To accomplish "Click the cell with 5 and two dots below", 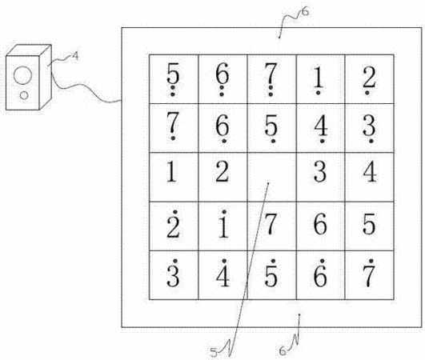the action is point(174,79).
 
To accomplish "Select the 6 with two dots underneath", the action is point(223,79).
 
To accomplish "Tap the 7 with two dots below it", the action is point(271,79).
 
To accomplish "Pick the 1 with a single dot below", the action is point(319,78).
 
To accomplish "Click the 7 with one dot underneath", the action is point(173,126).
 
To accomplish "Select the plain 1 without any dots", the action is point(171,171).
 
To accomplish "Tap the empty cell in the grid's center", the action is point(272,177).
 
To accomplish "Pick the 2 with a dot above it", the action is point(174,224).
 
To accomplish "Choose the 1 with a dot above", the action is point(223,224).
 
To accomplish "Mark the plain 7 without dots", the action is point(271,224).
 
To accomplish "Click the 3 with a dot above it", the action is point(174,273).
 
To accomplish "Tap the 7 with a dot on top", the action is point(370,273).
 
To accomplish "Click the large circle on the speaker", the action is point(22,75).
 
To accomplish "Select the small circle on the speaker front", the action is point(24,95).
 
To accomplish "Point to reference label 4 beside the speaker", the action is point(75,56).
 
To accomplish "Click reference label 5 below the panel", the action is point(214,353).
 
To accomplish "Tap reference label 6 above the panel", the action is point(305,12).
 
